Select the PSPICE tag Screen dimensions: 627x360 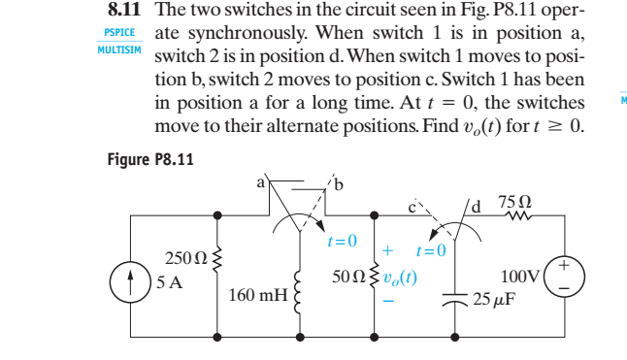(x=120, y=32)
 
